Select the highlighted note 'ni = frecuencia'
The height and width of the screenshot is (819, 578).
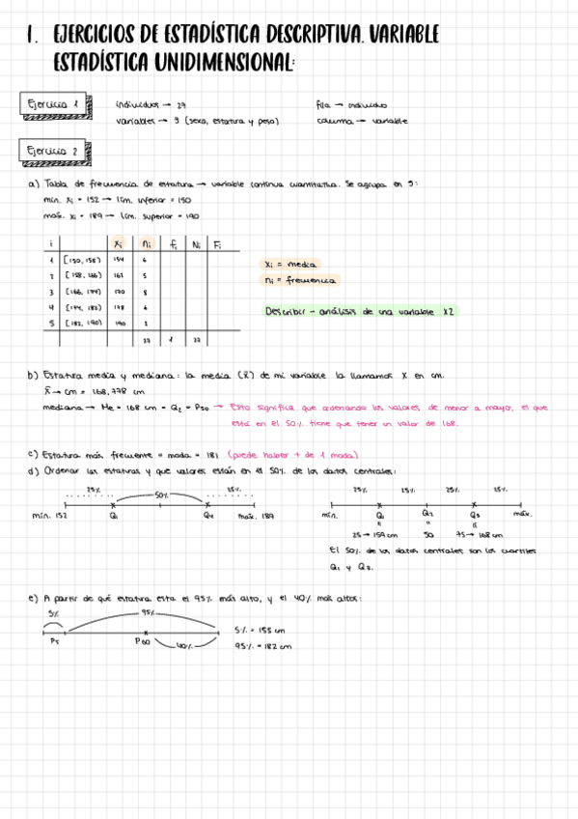tap(301, 280)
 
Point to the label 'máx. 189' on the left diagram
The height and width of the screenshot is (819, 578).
tap(257, 517)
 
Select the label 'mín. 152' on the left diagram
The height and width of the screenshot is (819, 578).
tap(48, 517)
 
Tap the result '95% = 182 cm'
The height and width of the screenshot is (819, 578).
tap(262, 646)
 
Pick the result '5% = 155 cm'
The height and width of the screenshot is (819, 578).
tap(262, 630)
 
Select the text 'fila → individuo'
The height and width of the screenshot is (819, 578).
tap(351, 104)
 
